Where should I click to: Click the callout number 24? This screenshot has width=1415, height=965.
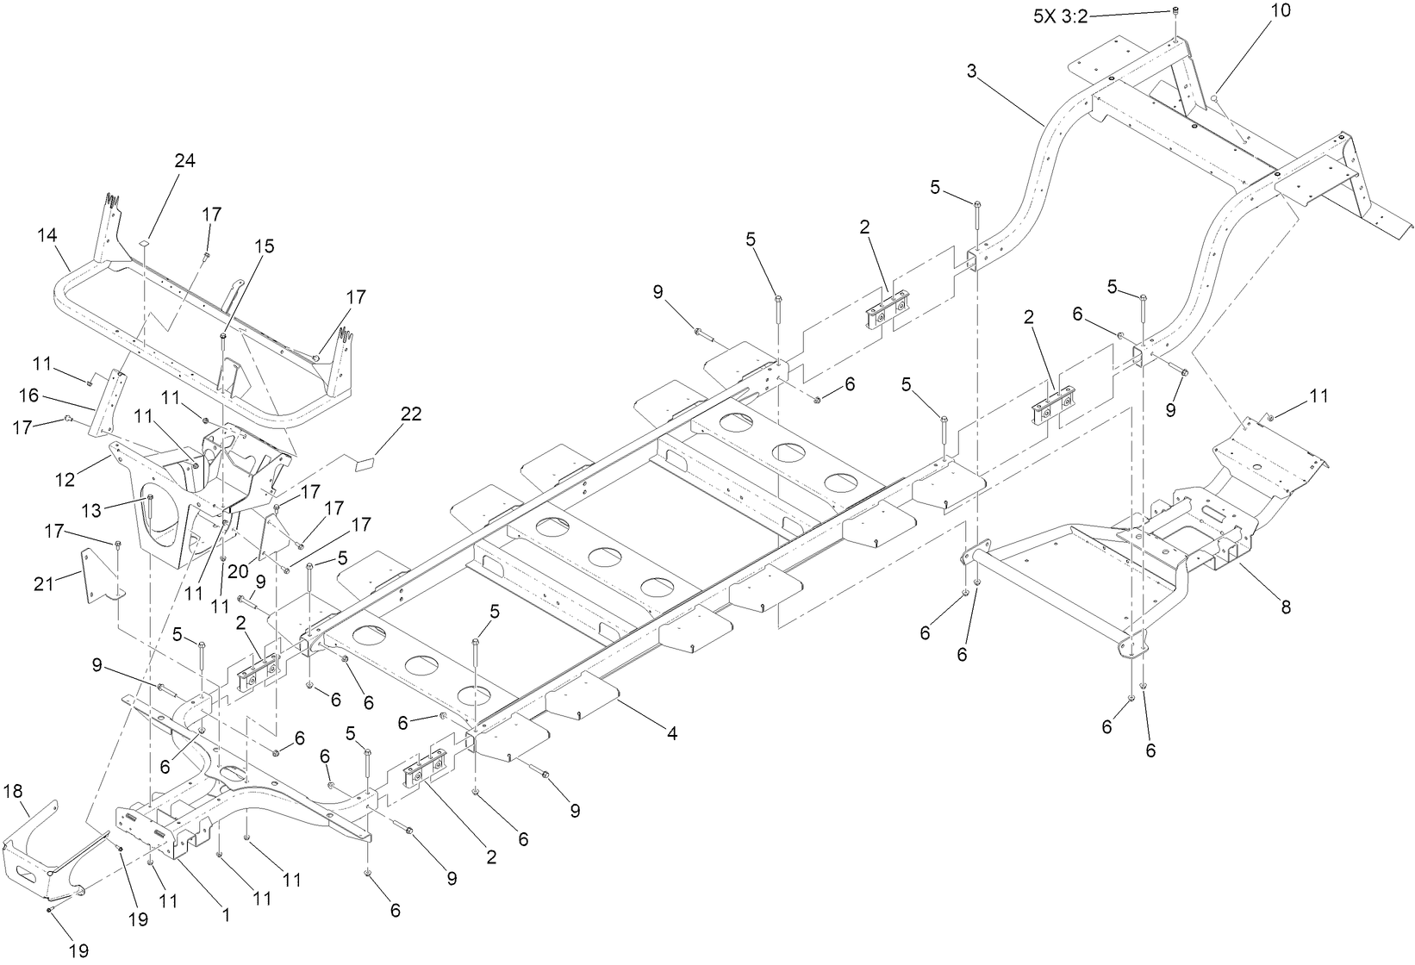click(x=184, y=161)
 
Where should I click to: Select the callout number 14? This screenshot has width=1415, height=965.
click(x=47, y=233)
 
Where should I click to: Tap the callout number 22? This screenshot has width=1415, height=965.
click(x=410, y=414)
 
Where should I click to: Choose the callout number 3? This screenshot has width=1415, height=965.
click(x=971, y=72)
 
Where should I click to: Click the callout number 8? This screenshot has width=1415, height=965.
click(x=1286, y=607)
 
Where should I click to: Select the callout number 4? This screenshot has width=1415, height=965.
click(x=671, y=734)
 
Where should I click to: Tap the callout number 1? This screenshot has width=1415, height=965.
click(x=226, y=916)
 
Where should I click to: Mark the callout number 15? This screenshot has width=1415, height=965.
click(x=264, y=246)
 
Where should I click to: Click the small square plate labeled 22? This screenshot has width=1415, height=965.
click(x=365, y=464)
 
